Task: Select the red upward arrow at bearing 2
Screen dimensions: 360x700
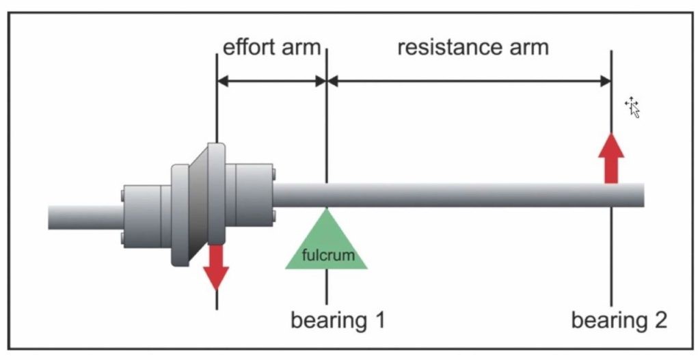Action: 611,158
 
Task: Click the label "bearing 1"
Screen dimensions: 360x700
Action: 338,320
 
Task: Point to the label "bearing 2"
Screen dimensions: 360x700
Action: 619,320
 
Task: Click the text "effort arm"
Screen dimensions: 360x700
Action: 271,48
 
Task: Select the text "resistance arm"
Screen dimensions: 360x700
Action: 472,48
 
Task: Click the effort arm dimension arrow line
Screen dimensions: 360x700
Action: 271,81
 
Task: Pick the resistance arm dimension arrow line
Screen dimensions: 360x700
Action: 469,81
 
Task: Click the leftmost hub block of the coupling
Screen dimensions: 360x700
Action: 142,216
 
